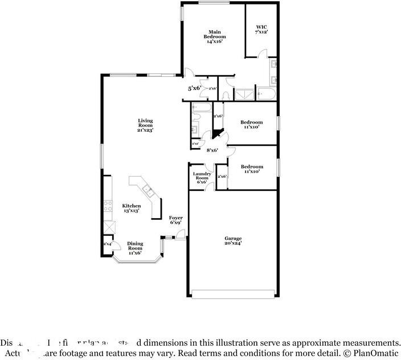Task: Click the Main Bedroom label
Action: point(214,36)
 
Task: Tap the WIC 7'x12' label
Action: point(261,30)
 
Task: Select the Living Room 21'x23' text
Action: point(145,125)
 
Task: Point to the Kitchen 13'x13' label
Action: point(132,208)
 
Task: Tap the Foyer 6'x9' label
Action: point(176,220)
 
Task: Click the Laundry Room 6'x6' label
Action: point(202,178)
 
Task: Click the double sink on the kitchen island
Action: point(147,190)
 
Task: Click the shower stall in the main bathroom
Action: point(245,94)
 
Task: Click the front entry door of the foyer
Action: point(179,239)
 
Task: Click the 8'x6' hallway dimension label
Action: point(212,150)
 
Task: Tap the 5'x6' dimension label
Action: point(194,88)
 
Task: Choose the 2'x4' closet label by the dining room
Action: point(107,244)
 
